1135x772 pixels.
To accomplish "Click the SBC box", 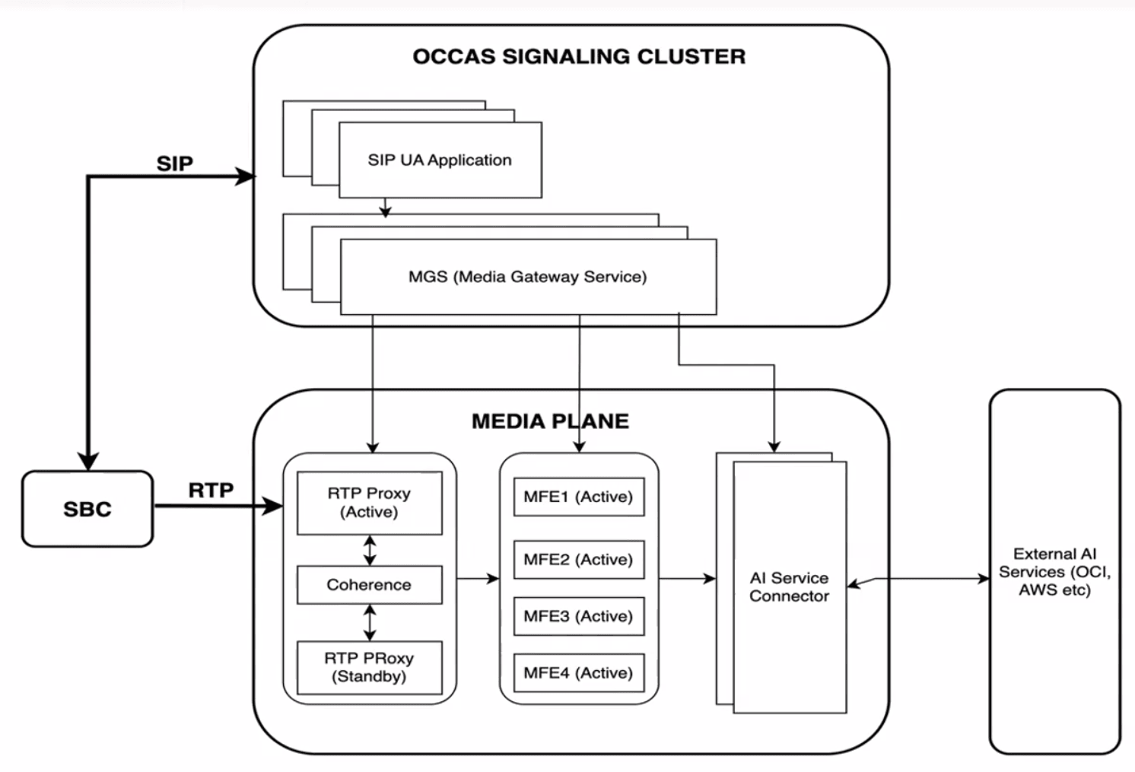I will pos(87,509).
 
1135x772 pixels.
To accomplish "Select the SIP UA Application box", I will pos(440,160).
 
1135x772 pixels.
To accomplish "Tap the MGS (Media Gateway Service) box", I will pos(528,277).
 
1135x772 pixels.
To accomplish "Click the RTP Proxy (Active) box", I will pos(369,503).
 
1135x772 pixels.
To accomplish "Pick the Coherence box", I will pos(369,585).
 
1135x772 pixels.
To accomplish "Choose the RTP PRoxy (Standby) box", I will pos(369,667).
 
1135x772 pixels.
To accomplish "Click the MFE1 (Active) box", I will pos(578,497).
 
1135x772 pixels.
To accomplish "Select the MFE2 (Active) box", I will pos(578,560).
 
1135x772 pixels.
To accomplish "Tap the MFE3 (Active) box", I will pos(578,616).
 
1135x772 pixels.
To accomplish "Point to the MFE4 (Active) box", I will pos(578,673).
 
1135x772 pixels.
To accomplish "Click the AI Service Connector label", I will pos(789,587).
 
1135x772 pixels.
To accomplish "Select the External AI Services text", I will pos(1054,572).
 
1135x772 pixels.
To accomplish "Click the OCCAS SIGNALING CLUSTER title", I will pos(579,57).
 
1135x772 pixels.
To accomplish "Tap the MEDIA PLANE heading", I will pos(550,421).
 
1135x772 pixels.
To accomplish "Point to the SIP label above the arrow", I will pos(175,164).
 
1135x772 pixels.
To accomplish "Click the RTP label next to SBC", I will pos(211,491).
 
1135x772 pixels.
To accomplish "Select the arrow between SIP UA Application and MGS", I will pos(385,208).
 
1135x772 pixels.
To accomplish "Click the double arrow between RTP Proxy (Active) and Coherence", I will pos(370,550).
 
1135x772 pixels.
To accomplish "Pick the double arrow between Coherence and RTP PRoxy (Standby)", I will pos(370,622).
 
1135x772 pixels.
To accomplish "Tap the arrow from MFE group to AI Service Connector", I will pos(687,579).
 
